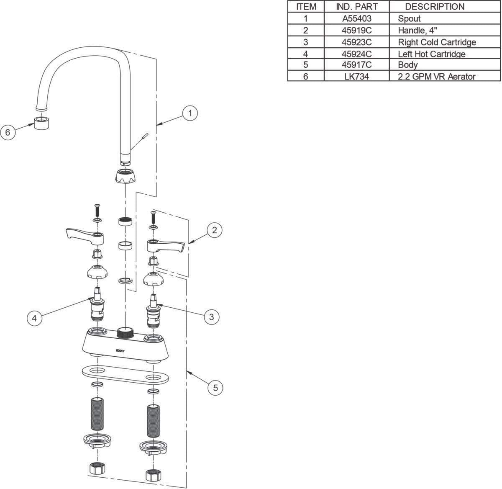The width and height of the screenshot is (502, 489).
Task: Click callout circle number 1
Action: click(190, 113)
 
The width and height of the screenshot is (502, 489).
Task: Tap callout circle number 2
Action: click(214, 230)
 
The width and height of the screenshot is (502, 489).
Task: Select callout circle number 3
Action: click(211, 317)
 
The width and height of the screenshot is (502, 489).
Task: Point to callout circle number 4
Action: click(35, 318)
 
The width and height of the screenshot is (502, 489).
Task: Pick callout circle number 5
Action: click(215, 388)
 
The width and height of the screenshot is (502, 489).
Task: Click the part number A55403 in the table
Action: click(356, 18)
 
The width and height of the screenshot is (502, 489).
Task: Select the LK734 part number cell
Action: click(356, 77)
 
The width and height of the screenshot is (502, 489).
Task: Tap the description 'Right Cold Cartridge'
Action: click(437, 42)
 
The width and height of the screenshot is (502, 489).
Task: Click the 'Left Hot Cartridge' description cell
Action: click(431, 54)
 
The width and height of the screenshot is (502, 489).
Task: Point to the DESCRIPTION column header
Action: click(434, 7)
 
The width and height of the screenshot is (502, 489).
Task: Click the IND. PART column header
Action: click(356, 7)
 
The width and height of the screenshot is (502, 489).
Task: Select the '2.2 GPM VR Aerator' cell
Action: click(437, 77)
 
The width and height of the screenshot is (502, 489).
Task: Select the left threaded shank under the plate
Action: click(97, 415)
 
